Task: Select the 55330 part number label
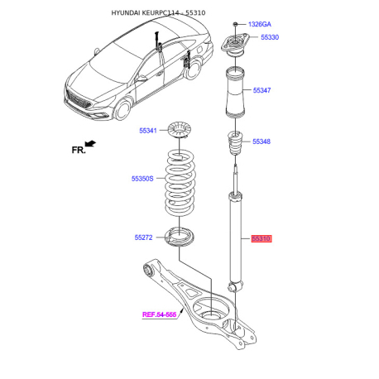(271, 38)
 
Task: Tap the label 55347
(261, 90)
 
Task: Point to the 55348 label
(261, 142)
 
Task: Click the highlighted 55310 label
(261, 238)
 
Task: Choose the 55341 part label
(147, 130)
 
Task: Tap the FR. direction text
(79, 150)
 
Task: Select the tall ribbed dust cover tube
(235, 90)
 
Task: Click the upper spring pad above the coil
(180, 129)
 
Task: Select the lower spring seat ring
(180, 237)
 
